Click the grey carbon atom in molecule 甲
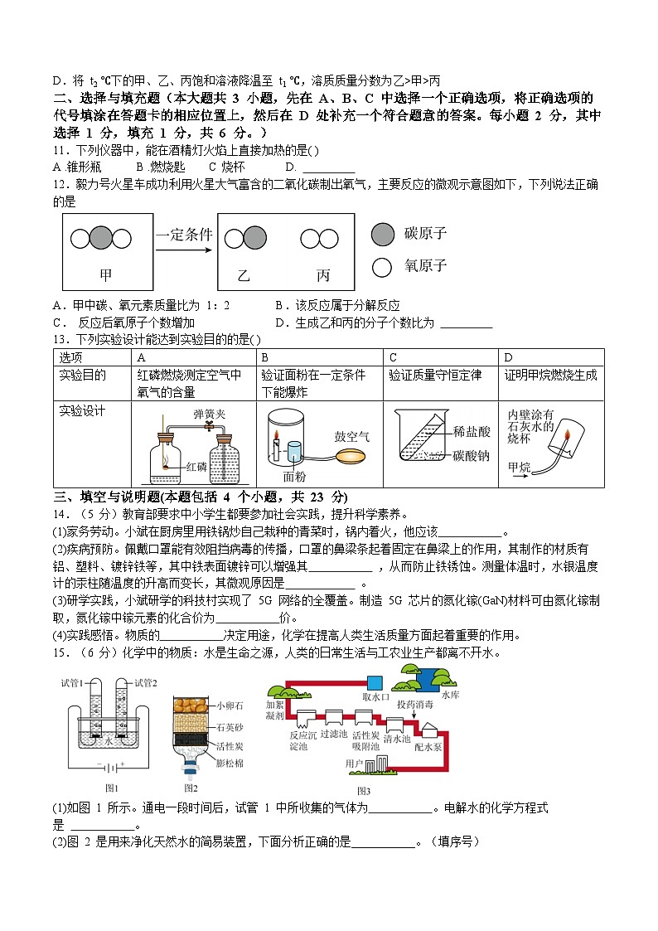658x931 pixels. [x=100, y=239]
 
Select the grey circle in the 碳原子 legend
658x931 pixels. [x=382, y=235]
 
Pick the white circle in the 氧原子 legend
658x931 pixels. [x=382, y=267]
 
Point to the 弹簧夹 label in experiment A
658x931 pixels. [x=206, y=412]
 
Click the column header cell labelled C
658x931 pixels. [x=393, y=356]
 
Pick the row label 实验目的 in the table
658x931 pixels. [x=83, y=375]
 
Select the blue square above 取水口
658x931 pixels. [x=375, y=682]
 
